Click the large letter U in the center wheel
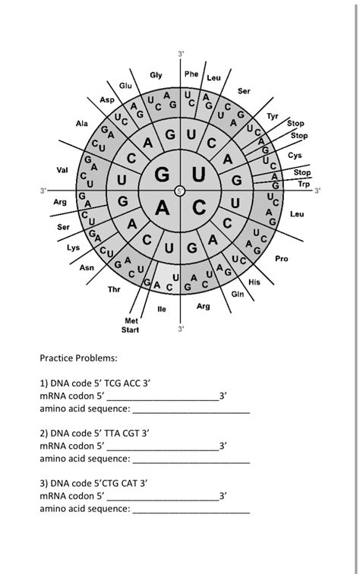pos(199,175)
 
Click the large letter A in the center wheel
pos(162,207)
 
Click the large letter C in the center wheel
pos(199,207)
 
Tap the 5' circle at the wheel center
pos(180,190)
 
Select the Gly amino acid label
pos(156,75)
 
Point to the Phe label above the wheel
pos(191,74)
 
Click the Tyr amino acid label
pos(273,115)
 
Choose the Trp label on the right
pos(304,184)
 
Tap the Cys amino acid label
pos(295,155)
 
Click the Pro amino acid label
pos(282,259)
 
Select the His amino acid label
pos(255,282)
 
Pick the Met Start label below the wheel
pos(130,326)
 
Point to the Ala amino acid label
pos(81,123)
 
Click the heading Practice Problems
pos(78,358)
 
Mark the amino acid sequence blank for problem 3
pos(191,509)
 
